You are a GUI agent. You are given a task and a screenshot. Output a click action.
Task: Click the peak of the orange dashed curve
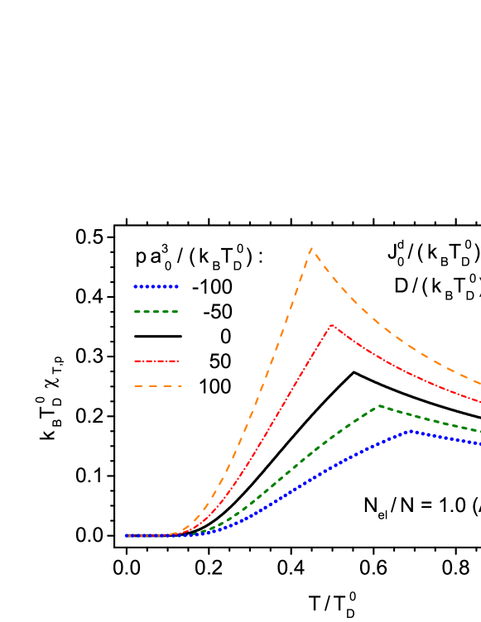(311, 248)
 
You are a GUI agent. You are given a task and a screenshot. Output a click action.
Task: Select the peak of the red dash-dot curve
(331, 325)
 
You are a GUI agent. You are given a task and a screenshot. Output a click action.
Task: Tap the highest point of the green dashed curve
(379, 405)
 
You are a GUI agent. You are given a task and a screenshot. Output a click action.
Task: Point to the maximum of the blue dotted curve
(411, 431)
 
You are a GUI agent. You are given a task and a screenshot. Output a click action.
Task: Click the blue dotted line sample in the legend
(156, 287)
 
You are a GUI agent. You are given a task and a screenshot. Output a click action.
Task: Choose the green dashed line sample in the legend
(156, 312)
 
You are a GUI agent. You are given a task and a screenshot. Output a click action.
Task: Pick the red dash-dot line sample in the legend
(156, 361)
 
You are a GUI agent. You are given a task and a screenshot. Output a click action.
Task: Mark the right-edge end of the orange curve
(479, 382)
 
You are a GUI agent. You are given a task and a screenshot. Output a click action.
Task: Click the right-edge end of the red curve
(479, 402)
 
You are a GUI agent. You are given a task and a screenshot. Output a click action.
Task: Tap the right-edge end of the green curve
(479, 431)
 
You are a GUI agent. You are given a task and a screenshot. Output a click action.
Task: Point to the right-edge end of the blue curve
(479, 444)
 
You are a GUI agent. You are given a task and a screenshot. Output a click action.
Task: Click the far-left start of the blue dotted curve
(127, 536)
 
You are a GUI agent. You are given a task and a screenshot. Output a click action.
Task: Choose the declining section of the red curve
(406, 371)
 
